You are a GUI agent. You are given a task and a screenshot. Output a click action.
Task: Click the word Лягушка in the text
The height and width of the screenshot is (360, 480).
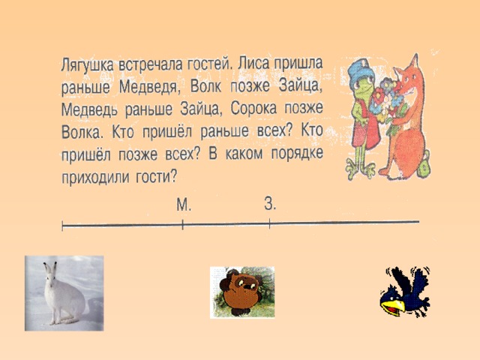(x=87, y=65)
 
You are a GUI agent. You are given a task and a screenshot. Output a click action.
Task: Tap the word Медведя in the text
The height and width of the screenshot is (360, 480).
(x=148, y=87)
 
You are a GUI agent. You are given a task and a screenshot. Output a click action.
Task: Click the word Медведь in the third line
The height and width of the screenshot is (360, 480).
(x=89, y=110)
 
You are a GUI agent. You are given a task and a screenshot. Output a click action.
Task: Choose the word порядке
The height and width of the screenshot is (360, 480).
(x=297, y=154)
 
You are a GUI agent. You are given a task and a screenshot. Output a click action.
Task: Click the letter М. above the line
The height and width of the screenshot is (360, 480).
(x=184, y=205)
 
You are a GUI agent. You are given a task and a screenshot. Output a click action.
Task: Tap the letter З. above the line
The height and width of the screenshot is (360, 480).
(x=270, y=203)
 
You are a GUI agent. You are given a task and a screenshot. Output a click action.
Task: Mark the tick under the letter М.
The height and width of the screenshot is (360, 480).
(x=183, y=225)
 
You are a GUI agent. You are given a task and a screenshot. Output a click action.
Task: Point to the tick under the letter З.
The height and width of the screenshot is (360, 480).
(x=269, y=223)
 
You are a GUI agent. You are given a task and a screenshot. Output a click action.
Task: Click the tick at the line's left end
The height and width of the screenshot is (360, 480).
(x=62, y=226)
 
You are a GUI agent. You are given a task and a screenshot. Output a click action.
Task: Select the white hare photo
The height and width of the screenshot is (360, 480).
(x=64, y=293)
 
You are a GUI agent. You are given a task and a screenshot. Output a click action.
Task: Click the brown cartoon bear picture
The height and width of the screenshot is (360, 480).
(x=242, y=292)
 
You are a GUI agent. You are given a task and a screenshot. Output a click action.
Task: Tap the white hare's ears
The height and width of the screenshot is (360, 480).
(x=51, y=269)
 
